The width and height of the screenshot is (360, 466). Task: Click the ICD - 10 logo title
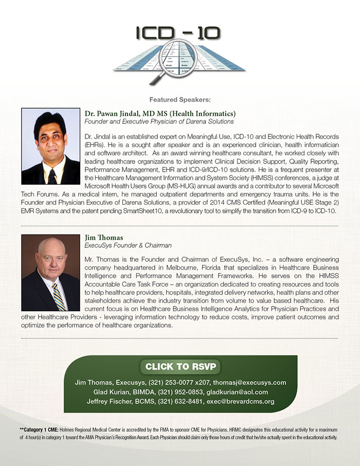(179, 33)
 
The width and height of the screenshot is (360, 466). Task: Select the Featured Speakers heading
(180, 99)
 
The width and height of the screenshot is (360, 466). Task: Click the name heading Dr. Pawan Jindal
(160, 113)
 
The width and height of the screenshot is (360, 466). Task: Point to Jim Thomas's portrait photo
(50, 273)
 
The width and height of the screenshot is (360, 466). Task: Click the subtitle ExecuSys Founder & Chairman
(128, 246)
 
